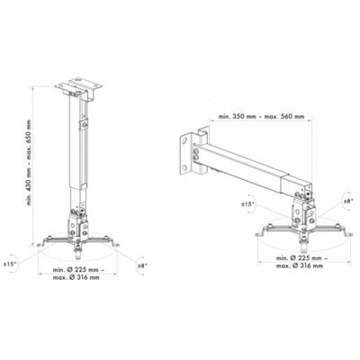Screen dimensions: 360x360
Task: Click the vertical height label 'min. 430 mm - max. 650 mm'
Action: tap(30, 162)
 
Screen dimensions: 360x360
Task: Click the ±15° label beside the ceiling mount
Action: tap(12, 265)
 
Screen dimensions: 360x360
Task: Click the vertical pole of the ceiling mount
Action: tap(75, 153)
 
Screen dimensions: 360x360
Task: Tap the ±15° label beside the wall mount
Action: tap(249, 207)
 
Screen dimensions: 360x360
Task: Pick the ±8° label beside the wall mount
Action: tap(342, 203)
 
